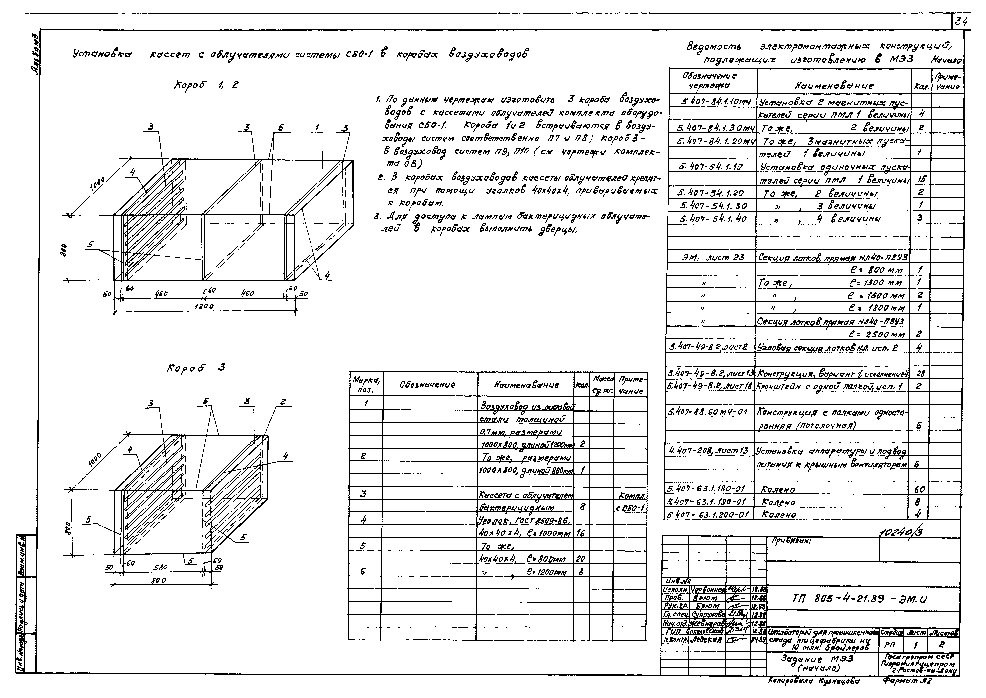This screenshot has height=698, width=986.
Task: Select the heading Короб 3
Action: coord(196,368)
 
